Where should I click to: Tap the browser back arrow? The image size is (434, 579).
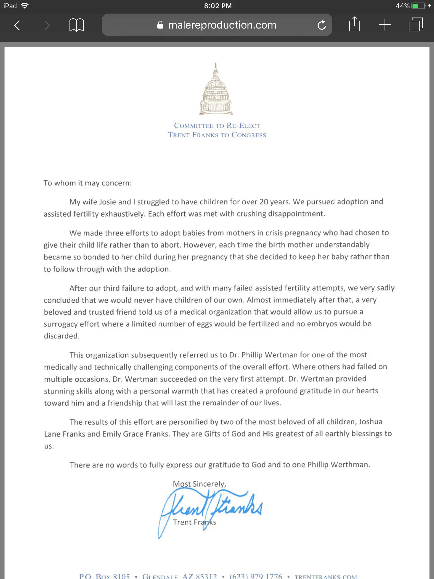(17, 25)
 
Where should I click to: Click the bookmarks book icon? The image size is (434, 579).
(76, 25)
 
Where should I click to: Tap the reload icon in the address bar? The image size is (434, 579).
(322, 25)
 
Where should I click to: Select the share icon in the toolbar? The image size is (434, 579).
(354, 25)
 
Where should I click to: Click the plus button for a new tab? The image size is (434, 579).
(385, 25)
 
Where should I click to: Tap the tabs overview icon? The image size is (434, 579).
(415, 25)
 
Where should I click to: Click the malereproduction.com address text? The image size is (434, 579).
(222, 25)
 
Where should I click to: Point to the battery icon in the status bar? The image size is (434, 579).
(418, 6)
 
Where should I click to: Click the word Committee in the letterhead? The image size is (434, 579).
(194, 126)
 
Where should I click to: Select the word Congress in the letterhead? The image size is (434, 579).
(249, 135)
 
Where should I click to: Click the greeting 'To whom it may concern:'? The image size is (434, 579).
(88, 183)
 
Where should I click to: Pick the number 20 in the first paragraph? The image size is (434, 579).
(264, 202)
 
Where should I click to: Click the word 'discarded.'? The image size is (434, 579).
(62, 336)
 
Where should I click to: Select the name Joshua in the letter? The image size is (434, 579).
(370, 422)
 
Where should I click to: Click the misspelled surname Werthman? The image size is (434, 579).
(350, 465)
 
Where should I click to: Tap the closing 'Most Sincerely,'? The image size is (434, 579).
(199, 484)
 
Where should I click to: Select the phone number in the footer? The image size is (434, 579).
(256, 576)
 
